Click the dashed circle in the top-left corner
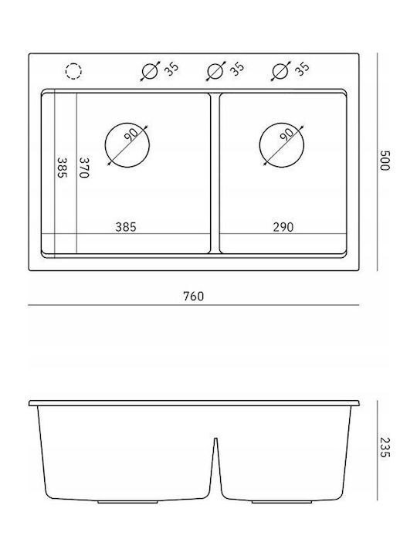tap(66, 71)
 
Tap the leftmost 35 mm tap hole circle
tap(142, 71)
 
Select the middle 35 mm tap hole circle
tap(208, 71)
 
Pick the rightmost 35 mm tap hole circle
tap(273, 71)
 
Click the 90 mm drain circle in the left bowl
tap(105, 145)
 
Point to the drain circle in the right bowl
tap(259, 145)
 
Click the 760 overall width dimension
tap(194, 296)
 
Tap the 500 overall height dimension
tap(385, 161)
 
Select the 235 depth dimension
tap(385, 447)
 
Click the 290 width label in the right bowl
tap(283, 227)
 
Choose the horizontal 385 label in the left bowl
tap(126, 227)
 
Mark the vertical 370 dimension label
tap(83, 168)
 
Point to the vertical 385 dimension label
tap(62, 168)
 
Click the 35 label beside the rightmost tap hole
tap(302, 69)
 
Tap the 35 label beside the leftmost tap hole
tap(171, 69)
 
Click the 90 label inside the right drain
tap(286, 134)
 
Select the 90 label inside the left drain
tap(131, 134)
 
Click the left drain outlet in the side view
tap(127, 502)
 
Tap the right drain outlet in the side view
tap(282, 502)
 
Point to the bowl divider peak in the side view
tap(215, 439)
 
